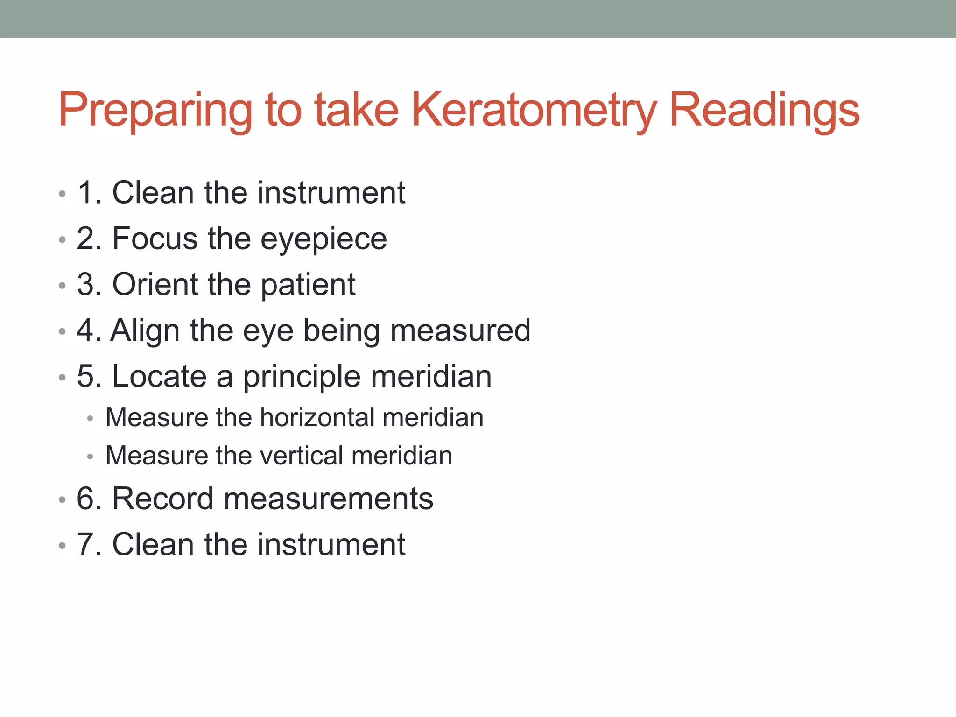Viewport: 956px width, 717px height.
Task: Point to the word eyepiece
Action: [x=323, y=239]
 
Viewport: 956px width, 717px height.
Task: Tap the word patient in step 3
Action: [x=308, y=284]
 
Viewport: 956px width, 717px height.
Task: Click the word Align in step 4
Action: [x=145, y=330]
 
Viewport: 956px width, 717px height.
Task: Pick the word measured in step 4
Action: [x=460, y=330]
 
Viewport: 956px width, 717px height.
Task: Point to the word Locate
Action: [x=159, y=376]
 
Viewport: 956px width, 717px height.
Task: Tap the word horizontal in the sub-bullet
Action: [x=317, y=417]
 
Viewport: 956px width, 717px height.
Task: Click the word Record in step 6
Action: [x=163, y=499]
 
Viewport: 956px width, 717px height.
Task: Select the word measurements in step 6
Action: [x=329, y=499]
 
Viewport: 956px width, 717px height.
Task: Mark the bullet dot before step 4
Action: [x=63, y=332]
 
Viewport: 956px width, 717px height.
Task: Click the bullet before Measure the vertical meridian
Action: [x=91, y=457]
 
